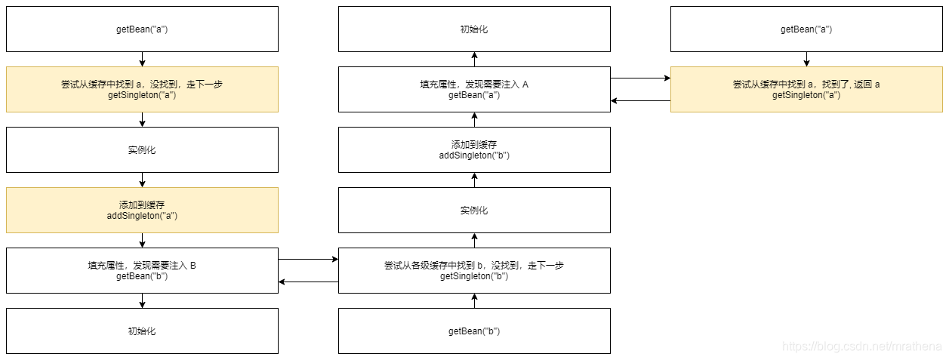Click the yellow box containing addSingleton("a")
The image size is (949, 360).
coord(142,210)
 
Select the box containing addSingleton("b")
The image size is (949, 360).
coord(474,149)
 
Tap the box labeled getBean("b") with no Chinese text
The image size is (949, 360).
coord(474,331)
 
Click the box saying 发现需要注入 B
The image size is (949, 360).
coord(142,270)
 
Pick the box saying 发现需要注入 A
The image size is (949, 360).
coord(474,89)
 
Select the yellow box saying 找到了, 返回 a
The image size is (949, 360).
coord(806,89)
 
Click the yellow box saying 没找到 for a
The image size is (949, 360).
coord(142,89)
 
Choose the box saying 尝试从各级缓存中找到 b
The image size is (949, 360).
coord(474,270)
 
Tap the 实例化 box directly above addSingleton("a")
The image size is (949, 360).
coord(142,149)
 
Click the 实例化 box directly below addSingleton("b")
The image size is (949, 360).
coord(474,210)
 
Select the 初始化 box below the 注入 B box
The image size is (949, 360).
coord(142,331)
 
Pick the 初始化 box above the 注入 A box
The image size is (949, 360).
coord(474,29)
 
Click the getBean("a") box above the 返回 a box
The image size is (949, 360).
coord(806,29)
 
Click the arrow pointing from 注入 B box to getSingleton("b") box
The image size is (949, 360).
coord(308,259)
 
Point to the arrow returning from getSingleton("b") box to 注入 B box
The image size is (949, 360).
coord(308,282)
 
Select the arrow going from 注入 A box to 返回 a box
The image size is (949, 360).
coord(640,78)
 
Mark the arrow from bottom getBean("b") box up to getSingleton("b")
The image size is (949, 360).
coord(475,300)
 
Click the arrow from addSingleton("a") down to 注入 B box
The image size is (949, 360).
coord(142,240)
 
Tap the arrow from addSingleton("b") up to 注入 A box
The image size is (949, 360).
coord(475,119)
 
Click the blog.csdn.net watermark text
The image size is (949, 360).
coord(861,346)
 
